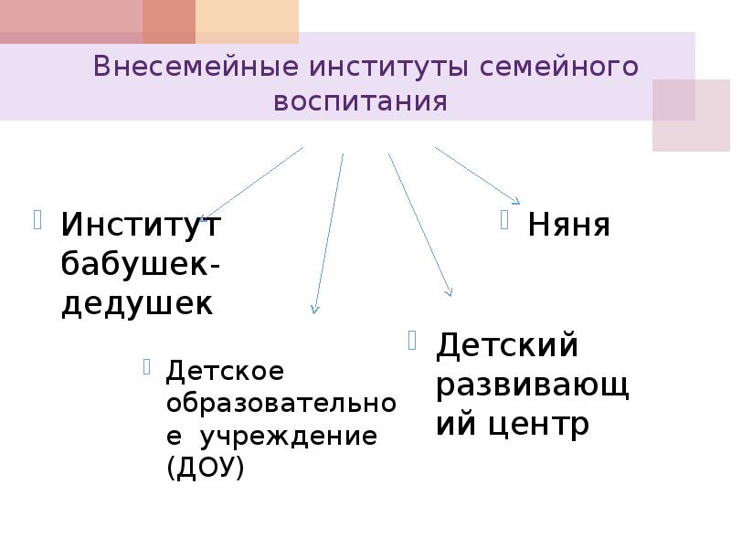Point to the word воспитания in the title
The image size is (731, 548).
click(x=361, y=100)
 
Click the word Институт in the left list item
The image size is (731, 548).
click(x=141, y=224)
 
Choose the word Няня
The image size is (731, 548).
click(x=568, y=224)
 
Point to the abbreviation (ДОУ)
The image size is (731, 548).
click(x=206, y=468)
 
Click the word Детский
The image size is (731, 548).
click(x=507, y=345)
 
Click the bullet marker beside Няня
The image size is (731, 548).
click(x=504, y=219)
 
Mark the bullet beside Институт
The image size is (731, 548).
click(x=38, y=219)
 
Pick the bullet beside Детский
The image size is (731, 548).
click(x=413, y=341)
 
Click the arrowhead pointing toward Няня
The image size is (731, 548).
click(x=516, y=201)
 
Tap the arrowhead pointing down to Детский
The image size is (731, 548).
click(x=449, y=291)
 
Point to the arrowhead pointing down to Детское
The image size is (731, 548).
click(x=314, y=309)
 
